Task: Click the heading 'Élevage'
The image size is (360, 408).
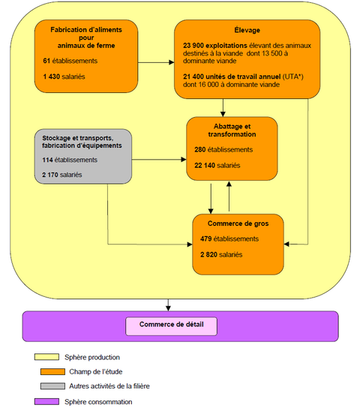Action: pos(247,30)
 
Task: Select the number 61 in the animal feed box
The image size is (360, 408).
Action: pos(46,61)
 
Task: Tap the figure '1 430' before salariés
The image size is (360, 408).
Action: pos(52,76)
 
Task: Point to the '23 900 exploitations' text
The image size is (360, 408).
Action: pos(214,46)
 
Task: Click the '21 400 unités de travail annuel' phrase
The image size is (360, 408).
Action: pos(232,76)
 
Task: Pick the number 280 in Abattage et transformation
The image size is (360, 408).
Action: pos(199,149)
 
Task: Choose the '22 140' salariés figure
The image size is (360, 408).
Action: pos(205,165)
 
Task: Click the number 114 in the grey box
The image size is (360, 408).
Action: pos(47,160)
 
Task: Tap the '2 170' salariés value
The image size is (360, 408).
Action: pos(50,175)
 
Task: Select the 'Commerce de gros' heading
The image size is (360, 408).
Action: pos(238,223)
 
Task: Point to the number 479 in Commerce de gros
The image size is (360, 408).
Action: pos(206,238)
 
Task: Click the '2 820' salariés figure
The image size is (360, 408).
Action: pos(208,254)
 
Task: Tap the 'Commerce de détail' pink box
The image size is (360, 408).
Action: pos(172,326)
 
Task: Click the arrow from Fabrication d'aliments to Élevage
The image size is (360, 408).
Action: pos(156,62)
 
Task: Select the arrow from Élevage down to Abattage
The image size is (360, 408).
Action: pos(223,108)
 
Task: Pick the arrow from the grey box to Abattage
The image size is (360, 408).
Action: pos(159,160)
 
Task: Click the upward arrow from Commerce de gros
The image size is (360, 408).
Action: pos(229,196)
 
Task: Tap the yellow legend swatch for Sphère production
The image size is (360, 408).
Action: pos(46,357)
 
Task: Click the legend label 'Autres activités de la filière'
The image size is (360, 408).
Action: pos(109,386)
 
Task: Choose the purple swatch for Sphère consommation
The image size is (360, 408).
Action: pos(46,401)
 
